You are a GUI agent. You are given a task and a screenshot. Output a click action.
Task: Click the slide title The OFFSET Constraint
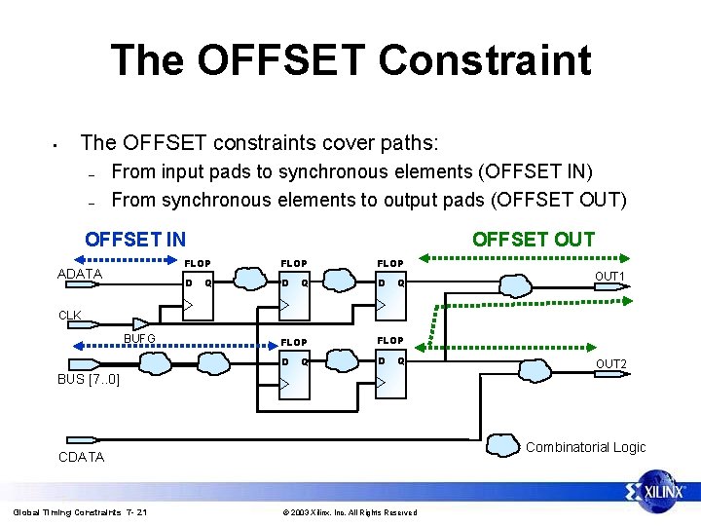point(350,59)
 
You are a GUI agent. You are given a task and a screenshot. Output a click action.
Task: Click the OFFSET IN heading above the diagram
point(135,240)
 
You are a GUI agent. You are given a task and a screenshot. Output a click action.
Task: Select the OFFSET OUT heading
point(533,240)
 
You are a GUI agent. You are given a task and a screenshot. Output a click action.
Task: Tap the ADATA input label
point(80,274)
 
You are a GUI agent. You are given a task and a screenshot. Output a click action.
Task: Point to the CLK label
point(70,316)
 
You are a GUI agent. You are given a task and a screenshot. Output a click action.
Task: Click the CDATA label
point(82,457)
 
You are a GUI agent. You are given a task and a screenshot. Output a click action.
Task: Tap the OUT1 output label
point(610,277)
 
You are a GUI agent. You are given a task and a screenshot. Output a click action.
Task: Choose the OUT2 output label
point(610,364)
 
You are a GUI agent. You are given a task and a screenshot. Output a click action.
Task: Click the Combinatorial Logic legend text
point(585,447)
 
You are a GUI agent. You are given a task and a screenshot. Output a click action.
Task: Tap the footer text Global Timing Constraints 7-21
point(80,512)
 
